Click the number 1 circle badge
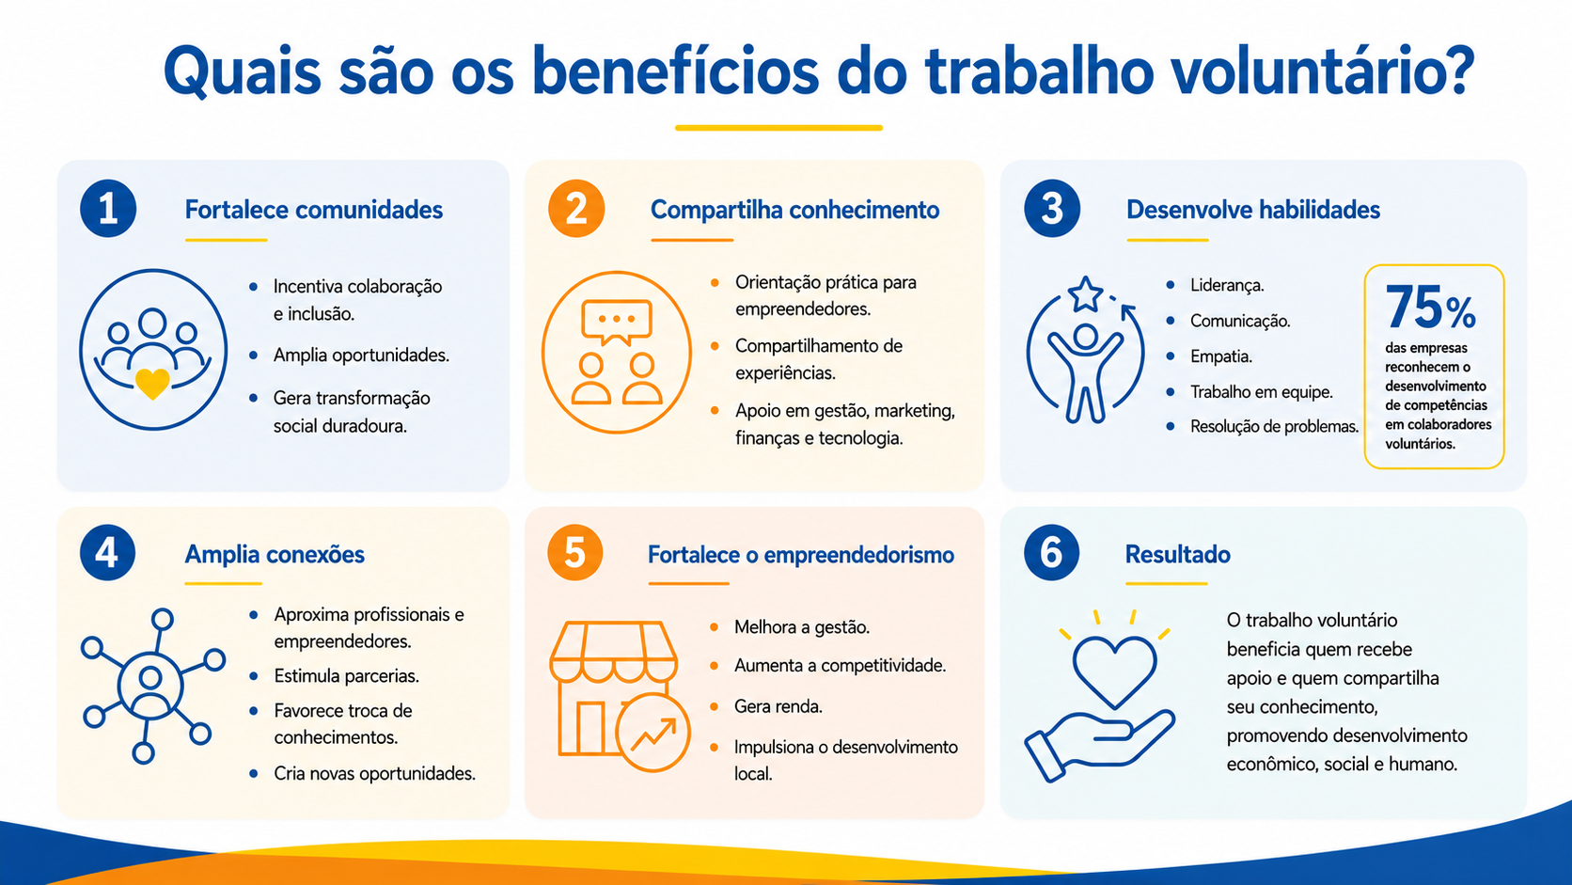click(x=108, y=209)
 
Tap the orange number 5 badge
click(x=574, y=552)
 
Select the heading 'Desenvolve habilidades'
click(x=1252, y=210)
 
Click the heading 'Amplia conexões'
click(x=275, y=555)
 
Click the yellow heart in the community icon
click(x=152, y=384)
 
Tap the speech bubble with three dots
click(x=617, y=322)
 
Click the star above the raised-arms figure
click(x=1085, y=294)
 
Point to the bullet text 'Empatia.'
click(x=1221, y=356)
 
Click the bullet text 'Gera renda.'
click(x=778, y=706)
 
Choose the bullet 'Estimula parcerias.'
click(x=347, y=676)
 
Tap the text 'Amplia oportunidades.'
click(x=361, y=356)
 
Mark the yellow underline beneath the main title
click(x=779, y=128)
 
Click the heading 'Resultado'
click(x=1178, y=555)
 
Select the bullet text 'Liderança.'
click(x=1228, y=285)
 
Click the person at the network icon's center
click(x=150, y=686)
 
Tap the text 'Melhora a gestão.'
click(x=802, y=626)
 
